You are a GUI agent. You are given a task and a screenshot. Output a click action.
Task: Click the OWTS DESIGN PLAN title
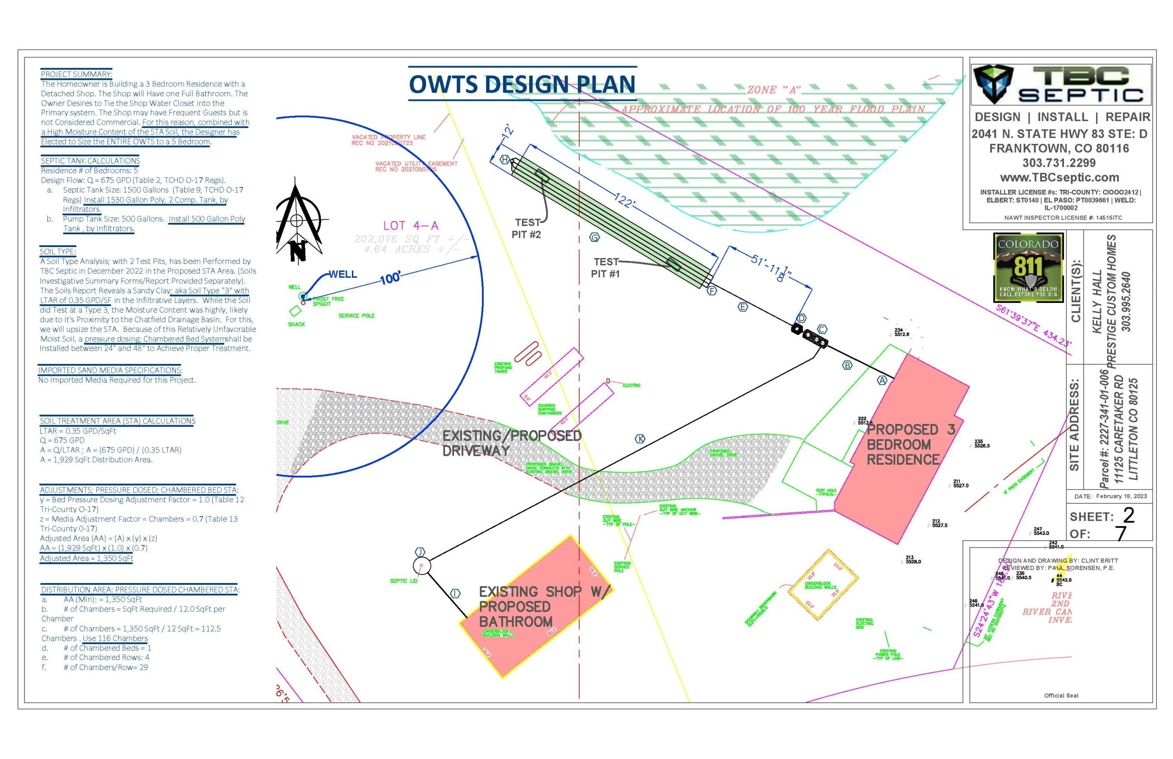(522, 84)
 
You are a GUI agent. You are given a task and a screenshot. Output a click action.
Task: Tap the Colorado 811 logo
(1028, 268)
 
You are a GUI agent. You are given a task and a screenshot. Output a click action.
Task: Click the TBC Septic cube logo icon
(994, 84)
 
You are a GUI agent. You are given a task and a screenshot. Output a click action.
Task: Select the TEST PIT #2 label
(526, 229)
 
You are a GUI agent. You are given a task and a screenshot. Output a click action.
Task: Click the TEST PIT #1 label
(605, 268)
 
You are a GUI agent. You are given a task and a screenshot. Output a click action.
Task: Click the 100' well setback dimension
(390, 279)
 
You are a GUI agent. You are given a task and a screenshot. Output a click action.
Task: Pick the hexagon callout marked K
(640, 439)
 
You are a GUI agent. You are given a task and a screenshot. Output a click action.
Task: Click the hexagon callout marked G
(595, 237)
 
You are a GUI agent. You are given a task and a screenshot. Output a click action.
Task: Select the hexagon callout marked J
(420, 551)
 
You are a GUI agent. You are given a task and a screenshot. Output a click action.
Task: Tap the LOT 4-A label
(411, 225)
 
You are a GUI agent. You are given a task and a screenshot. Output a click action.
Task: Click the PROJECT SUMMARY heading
(77, 74)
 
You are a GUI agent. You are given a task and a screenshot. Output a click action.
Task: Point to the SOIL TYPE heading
(58, 251)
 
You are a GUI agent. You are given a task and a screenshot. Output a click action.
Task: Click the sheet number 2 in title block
(1129, 516)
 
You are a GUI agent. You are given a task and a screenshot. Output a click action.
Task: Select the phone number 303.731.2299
(1059, 163)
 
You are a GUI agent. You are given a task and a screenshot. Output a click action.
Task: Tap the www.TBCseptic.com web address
(1059, 177)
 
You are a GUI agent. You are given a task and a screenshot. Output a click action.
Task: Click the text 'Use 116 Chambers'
(115, 638)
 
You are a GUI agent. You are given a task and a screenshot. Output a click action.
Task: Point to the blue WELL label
(342, 275)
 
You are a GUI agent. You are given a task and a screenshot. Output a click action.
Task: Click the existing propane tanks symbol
(528, 353)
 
